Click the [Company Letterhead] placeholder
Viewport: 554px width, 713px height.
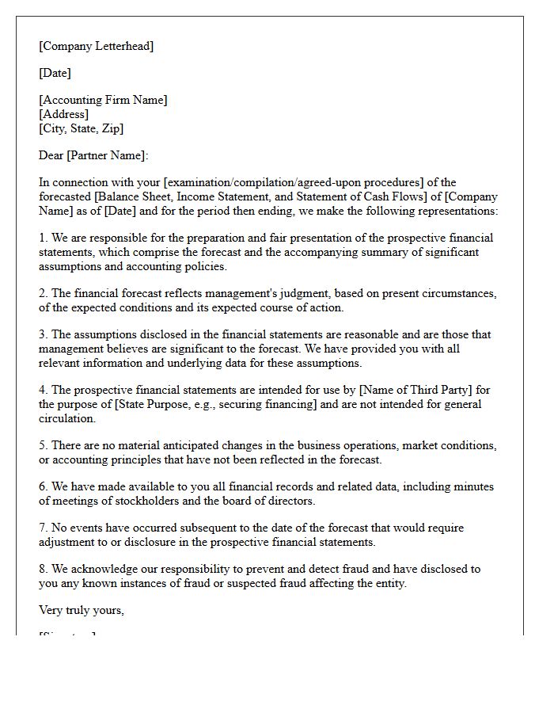pos(96,46)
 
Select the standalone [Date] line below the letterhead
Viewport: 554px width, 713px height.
pos(55,73)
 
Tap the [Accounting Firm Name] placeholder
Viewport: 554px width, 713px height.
pos(103,100)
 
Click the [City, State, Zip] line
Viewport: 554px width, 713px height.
pos(81,128)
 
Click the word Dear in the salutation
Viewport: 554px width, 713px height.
pos(51,155)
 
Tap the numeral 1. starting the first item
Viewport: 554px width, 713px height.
pos(44,238)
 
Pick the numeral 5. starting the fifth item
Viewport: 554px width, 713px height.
pos(44,445)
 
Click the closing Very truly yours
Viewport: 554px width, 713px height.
pos(81,610)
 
